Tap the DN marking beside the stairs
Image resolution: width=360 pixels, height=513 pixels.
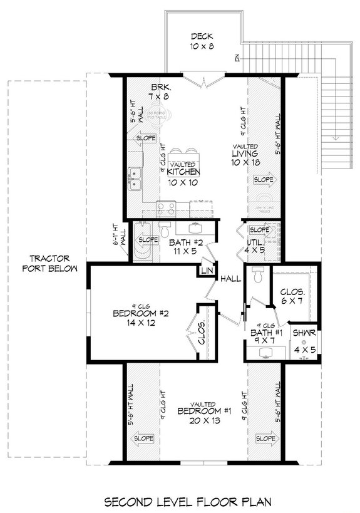coord(238,58)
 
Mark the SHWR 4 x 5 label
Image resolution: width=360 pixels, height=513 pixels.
coord(306,338)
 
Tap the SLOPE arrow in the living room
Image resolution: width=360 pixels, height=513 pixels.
coord(262,180)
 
